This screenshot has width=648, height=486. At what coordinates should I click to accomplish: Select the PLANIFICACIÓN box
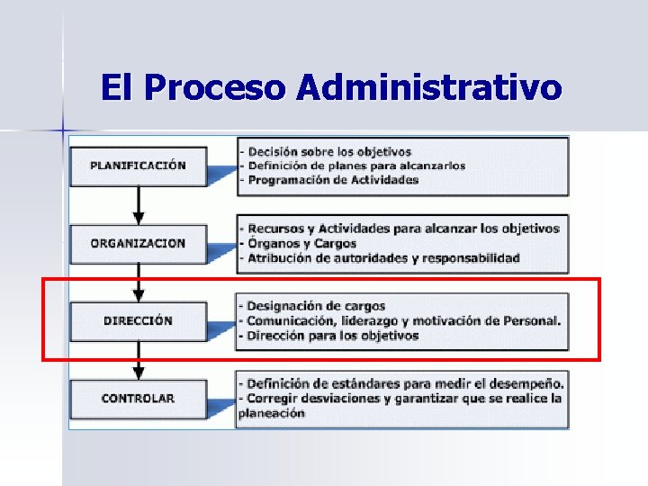pos(138,166)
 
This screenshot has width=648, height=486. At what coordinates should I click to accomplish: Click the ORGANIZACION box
pos(138,243)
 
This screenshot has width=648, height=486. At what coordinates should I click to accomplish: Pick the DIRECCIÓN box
pos(138,320)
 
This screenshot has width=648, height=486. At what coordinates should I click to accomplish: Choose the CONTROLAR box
pos(138,398)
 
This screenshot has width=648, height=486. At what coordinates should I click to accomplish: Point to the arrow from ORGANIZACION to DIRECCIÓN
pos(138,282)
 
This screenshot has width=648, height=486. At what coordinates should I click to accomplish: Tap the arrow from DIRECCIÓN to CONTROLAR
pos(138,360)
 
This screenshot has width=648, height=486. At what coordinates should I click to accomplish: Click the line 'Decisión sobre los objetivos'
pos(329,151)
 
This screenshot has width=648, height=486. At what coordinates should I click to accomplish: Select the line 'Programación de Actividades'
pos(333,179)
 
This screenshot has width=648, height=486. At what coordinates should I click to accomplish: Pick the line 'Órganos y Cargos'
pos(301,243)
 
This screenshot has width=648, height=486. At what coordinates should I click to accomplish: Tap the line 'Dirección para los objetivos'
pos(332,336)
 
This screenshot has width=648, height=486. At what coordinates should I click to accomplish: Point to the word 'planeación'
pos(272,413)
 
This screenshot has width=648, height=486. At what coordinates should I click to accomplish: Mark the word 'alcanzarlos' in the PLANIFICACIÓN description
pos(430,166)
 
